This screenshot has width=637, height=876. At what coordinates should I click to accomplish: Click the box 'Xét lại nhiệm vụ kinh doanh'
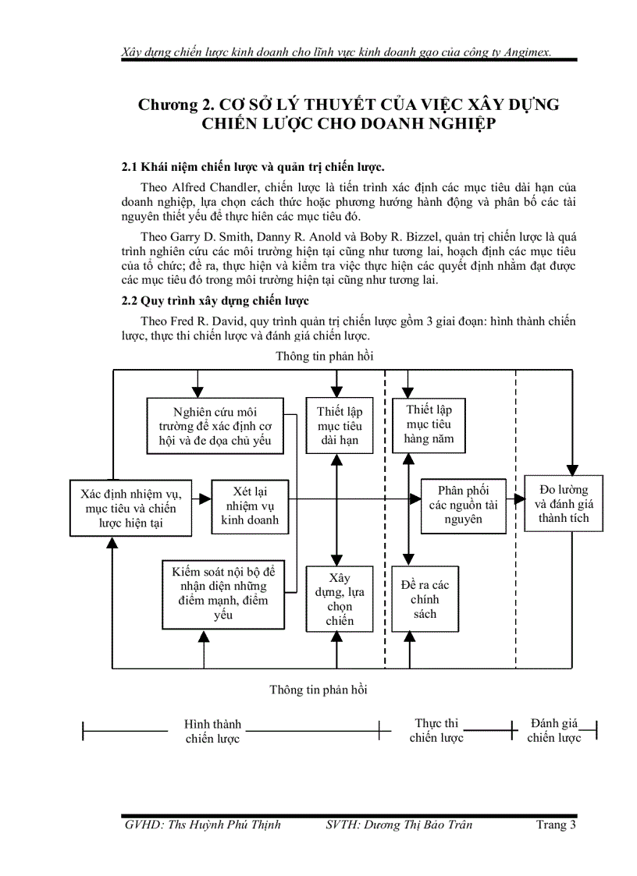coord(249,505)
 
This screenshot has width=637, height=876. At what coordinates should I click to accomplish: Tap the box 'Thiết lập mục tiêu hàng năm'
coord(429,424)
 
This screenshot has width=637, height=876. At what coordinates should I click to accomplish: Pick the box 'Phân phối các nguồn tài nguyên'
coord(464,505)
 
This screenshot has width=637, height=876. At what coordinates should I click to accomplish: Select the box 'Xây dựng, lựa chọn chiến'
coord(340,599)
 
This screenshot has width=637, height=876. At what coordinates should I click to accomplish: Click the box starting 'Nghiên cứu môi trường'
coord(215,426)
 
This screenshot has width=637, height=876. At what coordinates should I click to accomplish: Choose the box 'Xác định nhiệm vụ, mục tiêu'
coord(131,508)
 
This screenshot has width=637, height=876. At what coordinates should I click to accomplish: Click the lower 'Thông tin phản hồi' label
coord(318,690)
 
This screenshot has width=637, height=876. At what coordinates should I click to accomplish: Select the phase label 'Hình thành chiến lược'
coord(212,731)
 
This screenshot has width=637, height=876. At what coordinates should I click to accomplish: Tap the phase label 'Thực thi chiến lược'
coord(436,730)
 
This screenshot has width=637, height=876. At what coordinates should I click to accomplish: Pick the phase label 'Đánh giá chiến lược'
coord(553,730)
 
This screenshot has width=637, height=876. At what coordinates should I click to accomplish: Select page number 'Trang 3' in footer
coord(556,825)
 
